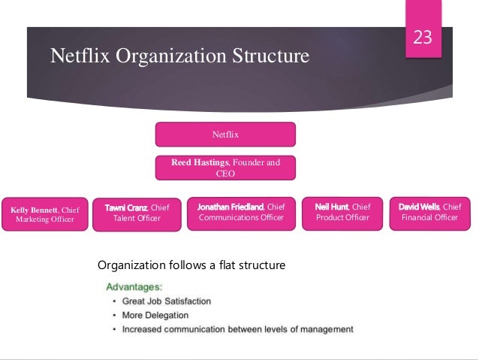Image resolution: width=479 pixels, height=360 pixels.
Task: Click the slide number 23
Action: (423, 37)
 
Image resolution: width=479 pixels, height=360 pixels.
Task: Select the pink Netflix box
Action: (225, 135)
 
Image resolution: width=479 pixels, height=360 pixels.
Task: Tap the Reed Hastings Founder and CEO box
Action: (225, 168)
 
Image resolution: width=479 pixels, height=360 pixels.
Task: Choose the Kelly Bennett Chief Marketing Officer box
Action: (46, 214)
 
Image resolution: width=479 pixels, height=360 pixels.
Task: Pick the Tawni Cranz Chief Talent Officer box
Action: (137, 213)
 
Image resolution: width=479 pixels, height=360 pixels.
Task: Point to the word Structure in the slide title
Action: (272, 56)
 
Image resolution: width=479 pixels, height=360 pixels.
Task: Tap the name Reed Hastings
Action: (201, 162)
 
